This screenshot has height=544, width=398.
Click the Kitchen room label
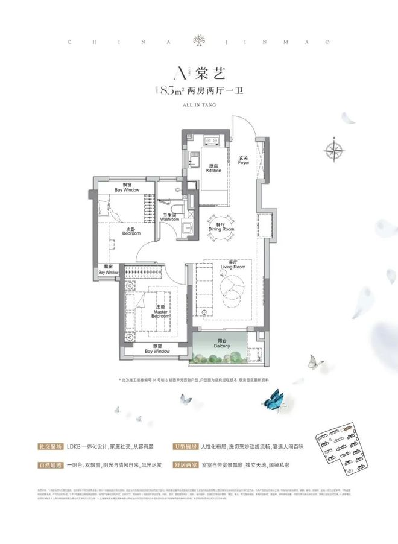[213, 168]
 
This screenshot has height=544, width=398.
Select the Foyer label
[244, 160]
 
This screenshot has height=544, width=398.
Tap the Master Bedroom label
[159, 313]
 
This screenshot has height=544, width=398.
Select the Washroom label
[169, 217]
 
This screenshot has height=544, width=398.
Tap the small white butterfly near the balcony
[314, 362]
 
